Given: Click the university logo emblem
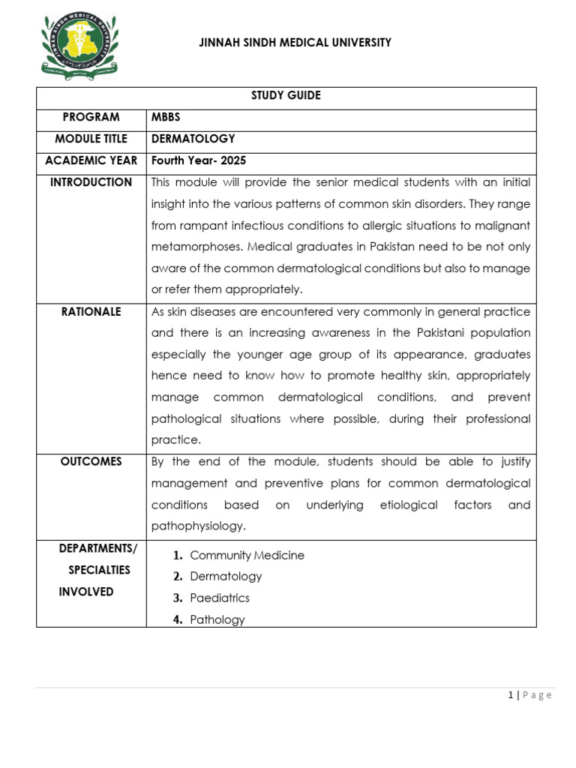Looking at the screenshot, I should click(x=79, y=46).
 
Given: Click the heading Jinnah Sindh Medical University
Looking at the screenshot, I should click(x=295, y=43).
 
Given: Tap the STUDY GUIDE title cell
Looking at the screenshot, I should click(x=286, y=96).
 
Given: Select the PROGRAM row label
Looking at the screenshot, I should click(x=91, y=117).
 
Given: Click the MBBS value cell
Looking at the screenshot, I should click(x=166, y=117).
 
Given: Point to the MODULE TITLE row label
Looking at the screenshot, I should click(x=91, y=139).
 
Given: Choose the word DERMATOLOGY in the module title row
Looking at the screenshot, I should click(x=193, y=139).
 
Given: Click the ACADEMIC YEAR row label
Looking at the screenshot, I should click(x=91, y=160).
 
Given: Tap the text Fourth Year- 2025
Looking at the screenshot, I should click(x=198, y=160).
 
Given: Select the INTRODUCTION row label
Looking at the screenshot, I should click(x=91, y=182).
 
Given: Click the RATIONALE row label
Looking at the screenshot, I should click(x=91, y=312).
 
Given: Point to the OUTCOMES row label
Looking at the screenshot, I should click(x=91, y=461).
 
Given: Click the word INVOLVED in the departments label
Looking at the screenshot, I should click(x=86, y=592).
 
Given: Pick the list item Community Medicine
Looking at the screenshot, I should click(x=247, y=555).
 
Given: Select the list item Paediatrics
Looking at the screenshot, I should click(x=220, y=598).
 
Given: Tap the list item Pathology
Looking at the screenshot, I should click(x=217, y=619).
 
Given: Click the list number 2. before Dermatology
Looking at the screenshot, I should click(x=178, y=577).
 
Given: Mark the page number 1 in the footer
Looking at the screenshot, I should click(x=511, y=695).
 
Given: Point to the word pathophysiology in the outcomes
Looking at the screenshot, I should click(x=198, y=526).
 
